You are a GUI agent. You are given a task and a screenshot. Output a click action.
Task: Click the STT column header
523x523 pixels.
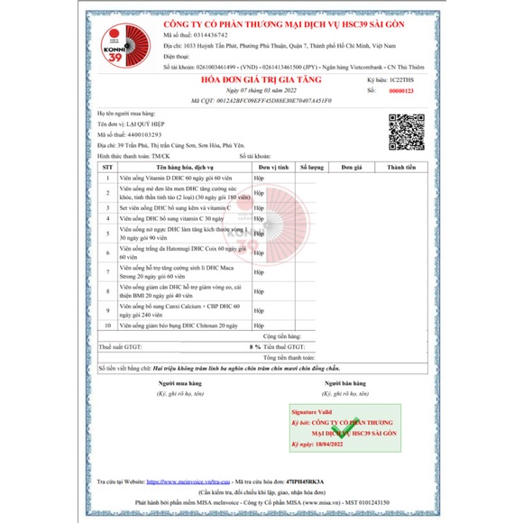(x=107, y=168)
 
